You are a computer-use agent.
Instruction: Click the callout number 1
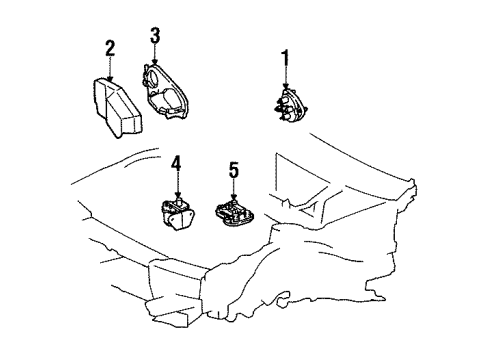[285, 58]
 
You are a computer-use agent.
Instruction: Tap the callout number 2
[110, 49]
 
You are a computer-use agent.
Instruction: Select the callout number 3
[155, 36]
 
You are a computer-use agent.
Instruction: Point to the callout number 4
[176, 164]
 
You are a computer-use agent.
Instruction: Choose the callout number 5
[234, 171]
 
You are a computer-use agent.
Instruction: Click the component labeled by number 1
[289, 105]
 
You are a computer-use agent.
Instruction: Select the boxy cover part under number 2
[117, 107]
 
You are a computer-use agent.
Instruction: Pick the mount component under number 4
[177, 214]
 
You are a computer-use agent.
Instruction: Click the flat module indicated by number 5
[235, 213]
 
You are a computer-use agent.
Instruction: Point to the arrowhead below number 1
[285, 86]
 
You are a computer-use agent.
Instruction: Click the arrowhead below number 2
[110, 77]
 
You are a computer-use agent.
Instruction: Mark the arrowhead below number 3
[154, 61]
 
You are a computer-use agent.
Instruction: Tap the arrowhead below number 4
[178, 194]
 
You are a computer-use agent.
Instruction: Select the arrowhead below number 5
[234, 197]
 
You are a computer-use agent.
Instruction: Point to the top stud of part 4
[180, 201]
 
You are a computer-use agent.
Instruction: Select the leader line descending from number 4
[178, 183]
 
